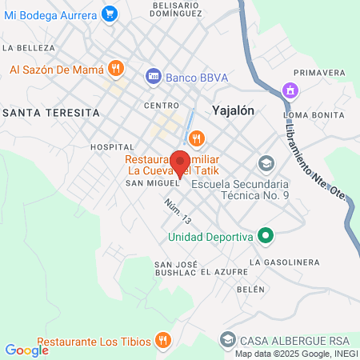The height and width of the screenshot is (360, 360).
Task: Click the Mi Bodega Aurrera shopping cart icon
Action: point(110,13)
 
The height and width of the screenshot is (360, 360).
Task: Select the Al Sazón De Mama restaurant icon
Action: point(116,69)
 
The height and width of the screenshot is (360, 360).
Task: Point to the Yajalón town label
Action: point(234,111)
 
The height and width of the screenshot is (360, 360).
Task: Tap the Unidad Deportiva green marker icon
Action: point(268,236)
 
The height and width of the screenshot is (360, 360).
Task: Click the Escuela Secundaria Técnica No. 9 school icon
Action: point(266,163)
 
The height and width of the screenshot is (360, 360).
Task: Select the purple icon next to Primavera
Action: point(290,90)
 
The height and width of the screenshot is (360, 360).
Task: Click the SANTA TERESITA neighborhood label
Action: point(51,113)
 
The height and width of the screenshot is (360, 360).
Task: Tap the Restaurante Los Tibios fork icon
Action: point(163,342)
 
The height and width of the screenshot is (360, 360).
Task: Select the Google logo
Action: point(26,350)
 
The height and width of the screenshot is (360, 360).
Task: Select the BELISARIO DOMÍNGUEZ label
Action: point(174,10)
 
